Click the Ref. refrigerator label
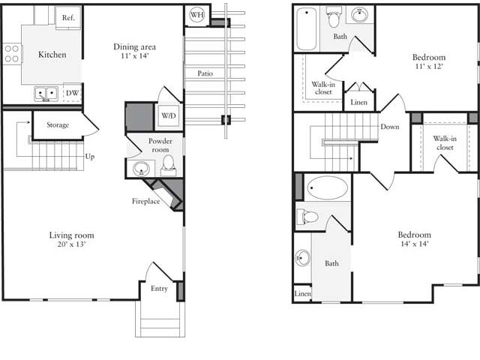pyautogui.click(x=68, y=17)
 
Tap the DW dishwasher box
pyautogui.click(x=73, y=93)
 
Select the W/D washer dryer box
pyautogui.click(x=167, y=116)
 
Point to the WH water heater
pyautogui.click(x=197, y=15)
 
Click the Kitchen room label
pyautogui.click(x=52, y=55)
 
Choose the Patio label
pyautogui.click(x=205, y=73)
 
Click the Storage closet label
pyautogui.click(x=58, y=124)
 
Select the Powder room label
pyautogui.click(x=160, y=145)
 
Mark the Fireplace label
pyautogui.click(x=146, y=201)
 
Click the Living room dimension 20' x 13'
pyautogui.click(x=72, y=245)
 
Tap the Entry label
pyautogui.click(x=159, y=289)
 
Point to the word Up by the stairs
pyautogui.click(x=90, y=157)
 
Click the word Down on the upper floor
pyautogui.click(x=390, y=127)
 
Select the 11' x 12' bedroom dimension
pyautogui.click(x=428, y=67)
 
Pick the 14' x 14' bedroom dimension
pyautogui.click(x=414, y=244)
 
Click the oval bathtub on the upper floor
pyautogui.click(x=328, y=187)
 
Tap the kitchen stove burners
pyautogui.click(x=12, y=52)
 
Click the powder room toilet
pyautogui.click(x=168, y=163)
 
